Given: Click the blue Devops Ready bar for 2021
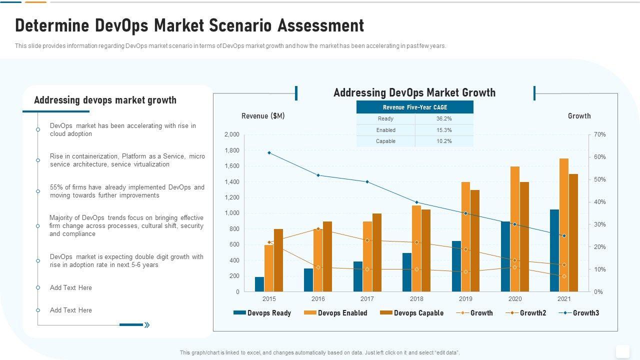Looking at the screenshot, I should pyautogui.click(x=554, y=250).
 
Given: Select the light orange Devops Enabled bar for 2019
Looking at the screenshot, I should pyautogui.click(x=465, y=237).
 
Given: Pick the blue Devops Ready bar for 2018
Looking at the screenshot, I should pyautogui.click(x=407, y=272).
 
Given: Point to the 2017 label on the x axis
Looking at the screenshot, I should pyautogui.click(x=367, y=299).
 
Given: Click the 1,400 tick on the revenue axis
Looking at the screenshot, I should pyautogui.click(x=232, y=182).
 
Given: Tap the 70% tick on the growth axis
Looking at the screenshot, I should pyautogui.click(x=600, y=134).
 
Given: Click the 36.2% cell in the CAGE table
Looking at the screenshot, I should pyautogui.click(x=444, y=119).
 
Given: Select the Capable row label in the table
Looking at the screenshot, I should pyautogui.click(x=385, y=141).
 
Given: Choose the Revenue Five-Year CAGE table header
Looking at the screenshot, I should pyautogui.click(x=415, y=107).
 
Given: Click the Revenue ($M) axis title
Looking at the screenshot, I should pyautogui.click(x=263, y=116).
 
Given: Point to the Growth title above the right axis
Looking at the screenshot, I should pyautogui.click(x=579, y=116).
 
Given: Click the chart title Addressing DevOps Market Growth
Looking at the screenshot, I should pyautogui.click(x=414, y=92).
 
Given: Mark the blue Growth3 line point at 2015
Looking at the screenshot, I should pyautogui.click(x=269, y=152).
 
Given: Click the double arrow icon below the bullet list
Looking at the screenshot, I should pyautogui.click(x=147, y=325).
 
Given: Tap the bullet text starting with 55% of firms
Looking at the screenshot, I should pyautogui.click(x=127, y=191).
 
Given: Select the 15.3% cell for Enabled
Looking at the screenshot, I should pyautogui.click(x=444, y=130).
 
